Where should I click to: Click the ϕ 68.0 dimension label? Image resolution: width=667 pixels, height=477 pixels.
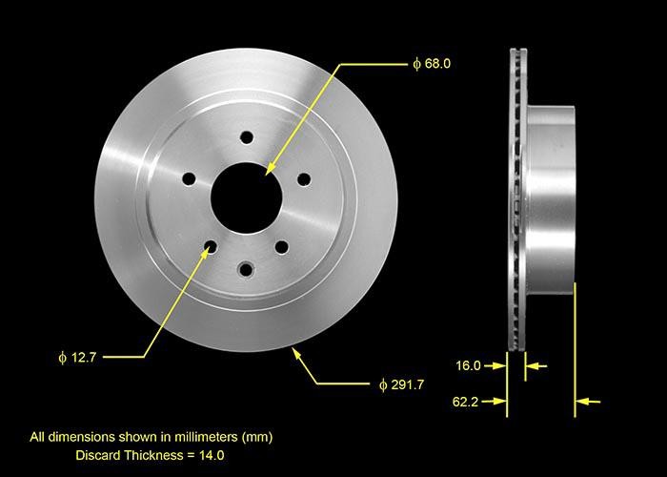431,64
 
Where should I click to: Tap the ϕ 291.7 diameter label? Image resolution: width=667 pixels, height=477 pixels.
401,384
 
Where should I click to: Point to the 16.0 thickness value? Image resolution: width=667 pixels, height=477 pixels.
468,365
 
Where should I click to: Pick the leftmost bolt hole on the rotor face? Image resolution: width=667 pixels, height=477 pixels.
189,177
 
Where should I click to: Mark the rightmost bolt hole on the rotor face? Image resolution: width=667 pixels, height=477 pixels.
304,177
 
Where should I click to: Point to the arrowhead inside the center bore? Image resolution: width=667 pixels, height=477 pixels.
270,169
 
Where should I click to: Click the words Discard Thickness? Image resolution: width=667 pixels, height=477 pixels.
133,456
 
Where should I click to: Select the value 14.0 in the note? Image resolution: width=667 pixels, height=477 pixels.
212,456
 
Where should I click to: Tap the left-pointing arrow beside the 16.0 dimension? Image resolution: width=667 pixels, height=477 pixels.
536,365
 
